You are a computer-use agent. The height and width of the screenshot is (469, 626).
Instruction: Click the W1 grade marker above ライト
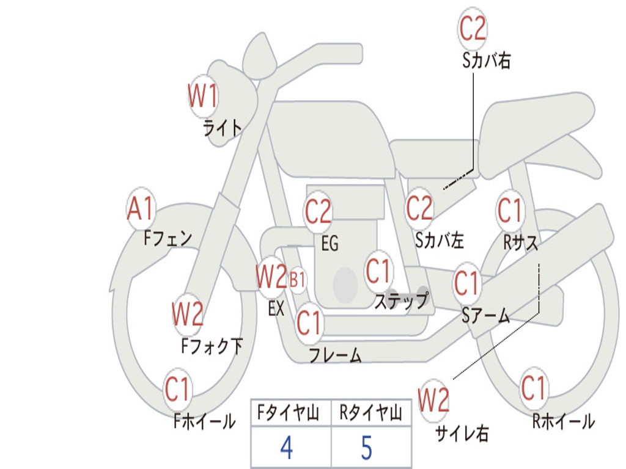click(203, 96)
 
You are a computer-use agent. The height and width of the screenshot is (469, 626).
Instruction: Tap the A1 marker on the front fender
click(141, 208)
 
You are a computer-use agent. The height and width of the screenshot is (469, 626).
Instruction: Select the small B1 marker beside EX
click(298, 280)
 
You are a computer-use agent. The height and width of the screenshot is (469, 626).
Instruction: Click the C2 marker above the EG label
click(318, 211)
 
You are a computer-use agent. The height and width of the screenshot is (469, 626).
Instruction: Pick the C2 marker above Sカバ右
click(473, 28)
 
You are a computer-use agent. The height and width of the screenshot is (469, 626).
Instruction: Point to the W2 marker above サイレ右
click(433, 400)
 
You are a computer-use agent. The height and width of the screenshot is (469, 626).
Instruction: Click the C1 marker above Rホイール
click(533, 388)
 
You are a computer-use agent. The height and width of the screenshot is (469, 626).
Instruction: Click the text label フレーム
click(336, 355)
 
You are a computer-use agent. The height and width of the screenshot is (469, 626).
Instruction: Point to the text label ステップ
click(401, 300)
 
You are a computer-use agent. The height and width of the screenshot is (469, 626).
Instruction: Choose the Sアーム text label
click(486, 316)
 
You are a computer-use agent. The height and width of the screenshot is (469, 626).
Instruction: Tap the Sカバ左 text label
click(439, 240)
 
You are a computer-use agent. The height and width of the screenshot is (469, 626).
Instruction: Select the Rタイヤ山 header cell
click(371, 413)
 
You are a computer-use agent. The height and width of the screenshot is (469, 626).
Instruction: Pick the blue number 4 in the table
click(287, 448)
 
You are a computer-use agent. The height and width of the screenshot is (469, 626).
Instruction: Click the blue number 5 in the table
click(367, 448)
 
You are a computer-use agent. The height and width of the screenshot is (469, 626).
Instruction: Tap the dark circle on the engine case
click(345, 285)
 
